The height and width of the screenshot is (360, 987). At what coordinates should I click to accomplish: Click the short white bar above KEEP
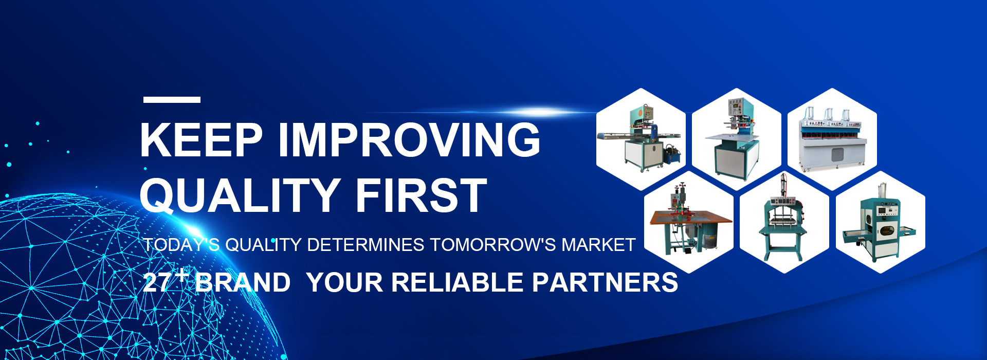click(x=172, y=100)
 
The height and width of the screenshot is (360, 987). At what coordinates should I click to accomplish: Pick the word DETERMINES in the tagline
click(x=365, y=245)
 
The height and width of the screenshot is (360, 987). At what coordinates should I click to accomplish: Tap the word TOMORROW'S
click(x=493, y=245)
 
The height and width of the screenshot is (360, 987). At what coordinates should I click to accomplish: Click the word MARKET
click(x=598, y=245)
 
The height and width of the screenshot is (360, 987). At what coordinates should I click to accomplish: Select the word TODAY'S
click(x=181, y=245)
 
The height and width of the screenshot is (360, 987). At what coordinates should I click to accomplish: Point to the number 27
click(x=157, y=283)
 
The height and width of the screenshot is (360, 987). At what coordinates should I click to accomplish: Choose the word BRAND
click(x=243, y=283)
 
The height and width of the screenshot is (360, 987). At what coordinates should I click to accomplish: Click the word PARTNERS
click(x=605, y=283)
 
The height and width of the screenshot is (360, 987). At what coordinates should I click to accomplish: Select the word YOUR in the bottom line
click(x=345, y=283)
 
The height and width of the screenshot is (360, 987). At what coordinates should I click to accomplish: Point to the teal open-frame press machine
click(x=784, y=219)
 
